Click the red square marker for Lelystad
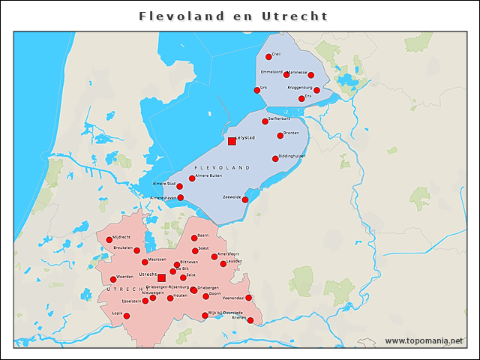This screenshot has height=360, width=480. pos(232,141)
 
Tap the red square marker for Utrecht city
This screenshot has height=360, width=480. pos(161,277)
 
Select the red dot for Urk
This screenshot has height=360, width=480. pos(257,90)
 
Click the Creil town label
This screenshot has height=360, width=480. pos(276,54)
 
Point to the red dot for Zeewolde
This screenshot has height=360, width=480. pos(244,199)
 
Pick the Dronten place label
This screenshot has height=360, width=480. pos(291,133)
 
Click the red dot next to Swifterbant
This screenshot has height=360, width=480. pos(265,121)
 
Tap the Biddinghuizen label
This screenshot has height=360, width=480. pos(292,156)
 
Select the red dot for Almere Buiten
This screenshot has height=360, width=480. pos(191,178)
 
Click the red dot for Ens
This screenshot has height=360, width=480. pos(301,98)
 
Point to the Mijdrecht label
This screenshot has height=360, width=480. pos(121,237)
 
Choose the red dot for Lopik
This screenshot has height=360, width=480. pos(126,316)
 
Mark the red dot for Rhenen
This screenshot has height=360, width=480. pos(250,320)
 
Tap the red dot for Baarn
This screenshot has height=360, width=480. pos(194,238)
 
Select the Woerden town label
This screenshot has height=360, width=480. pos(125,277)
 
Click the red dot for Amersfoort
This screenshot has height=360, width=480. pos(214,256)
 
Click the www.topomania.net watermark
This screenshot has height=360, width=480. pos(424,340)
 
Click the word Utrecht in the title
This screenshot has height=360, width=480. pos(295,16)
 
